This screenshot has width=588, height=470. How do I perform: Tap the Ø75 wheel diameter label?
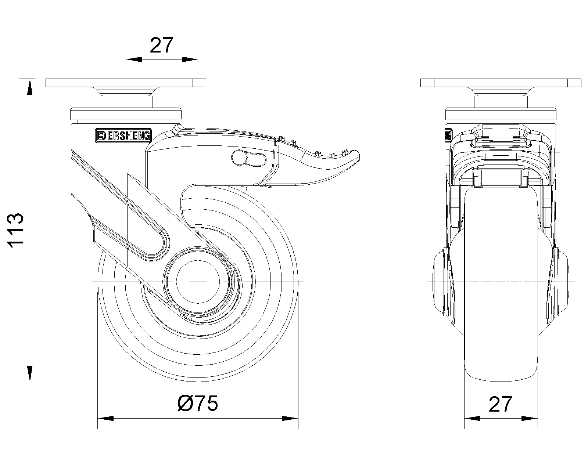click(198, 403)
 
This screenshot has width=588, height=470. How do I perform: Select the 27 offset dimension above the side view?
click(161, 45)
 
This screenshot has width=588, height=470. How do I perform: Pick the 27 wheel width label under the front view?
click(500, 404)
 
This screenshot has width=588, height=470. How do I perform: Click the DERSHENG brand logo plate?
click(123, 136)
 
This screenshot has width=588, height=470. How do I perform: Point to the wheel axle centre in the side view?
click(198, 282)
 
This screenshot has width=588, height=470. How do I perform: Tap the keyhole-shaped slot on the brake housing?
click(248, 158)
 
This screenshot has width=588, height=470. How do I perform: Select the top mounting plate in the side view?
click(126, 83)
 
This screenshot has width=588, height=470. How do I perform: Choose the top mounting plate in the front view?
click(501, 83)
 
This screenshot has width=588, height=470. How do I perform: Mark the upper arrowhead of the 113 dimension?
click(30, 87)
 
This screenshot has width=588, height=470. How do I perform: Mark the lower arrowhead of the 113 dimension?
click(30, 374)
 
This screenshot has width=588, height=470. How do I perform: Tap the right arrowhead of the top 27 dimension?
click(190, 59)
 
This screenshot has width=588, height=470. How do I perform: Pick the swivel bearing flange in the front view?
click(501, 114)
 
